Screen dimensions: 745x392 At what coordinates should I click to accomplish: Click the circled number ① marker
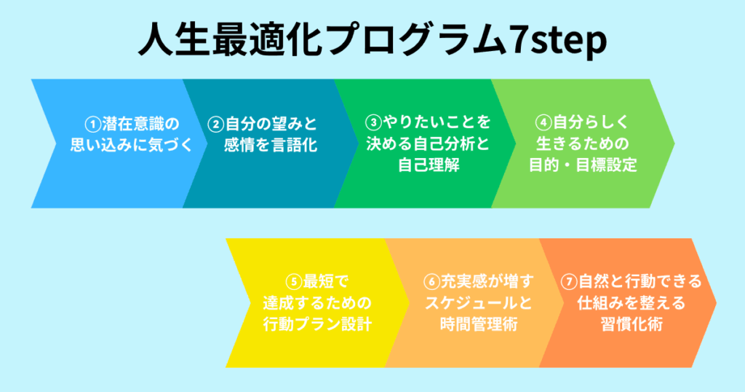coord(93,125)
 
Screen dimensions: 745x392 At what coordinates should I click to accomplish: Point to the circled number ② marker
coord(215,125)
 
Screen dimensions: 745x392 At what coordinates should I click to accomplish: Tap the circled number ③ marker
coord(373,122)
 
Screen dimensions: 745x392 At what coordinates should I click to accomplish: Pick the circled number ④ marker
coord(543,122)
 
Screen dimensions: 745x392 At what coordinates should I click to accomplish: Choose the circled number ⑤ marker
coord(294,282)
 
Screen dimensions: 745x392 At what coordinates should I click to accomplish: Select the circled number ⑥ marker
coord(432,282)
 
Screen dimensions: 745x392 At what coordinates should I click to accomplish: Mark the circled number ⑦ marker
coord(569,282)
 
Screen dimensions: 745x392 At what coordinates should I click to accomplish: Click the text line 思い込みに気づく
coord(132,145)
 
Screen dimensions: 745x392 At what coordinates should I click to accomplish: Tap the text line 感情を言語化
coord(271,145)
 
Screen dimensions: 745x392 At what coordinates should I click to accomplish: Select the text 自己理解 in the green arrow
coord(429,165)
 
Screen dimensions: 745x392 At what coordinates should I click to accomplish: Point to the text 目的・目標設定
coord(583,165)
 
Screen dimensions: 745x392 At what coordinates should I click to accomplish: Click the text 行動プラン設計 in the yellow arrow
coord(317,324)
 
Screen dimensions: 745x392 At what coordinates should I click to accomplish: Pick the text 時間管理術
coord(479,324)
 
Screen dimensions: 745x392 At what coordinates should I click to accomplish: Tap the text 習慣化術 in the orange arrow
coord(632,324)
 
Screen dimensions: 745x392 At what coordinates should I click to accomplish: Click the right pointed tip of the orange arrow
coord(716,303)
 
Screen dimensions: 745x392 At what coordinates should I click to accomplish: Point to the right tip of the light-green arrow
coord(674,144)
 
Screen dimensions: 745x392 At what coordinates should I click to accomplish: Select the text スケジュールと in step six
coord(479,303)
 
